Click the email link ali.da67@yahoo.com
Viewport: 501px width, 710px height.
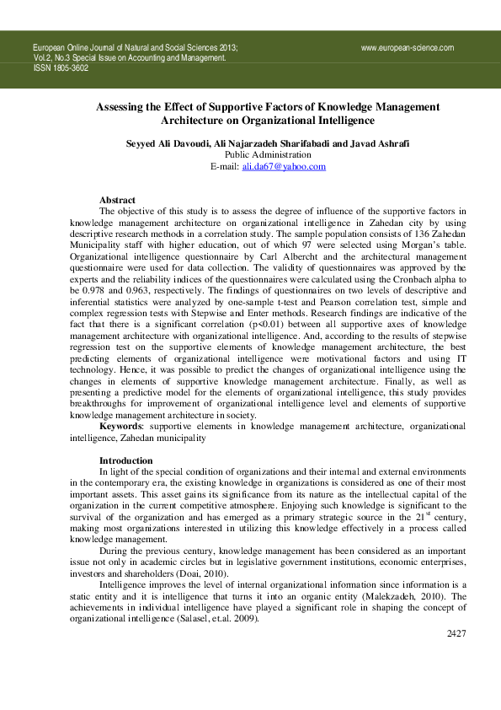[x=284, y=167]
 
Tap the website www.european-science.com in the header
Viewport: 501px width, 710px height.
[x=408, y=48]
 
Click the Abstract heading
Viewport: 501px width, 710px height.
[x=118, y=200]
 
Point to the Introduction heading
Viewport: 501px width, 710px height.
[x=126, y=460]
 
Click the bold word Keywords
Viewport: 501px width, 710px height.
[x=120, y=428]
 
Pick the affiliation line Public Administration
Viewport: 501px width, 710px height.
[x=268, y=155]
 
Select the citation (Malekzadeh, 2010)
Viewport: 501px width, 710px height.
[x=402, y=594]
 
